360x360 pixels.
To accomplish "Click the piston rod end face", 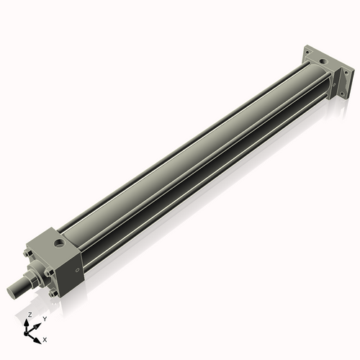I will coord(12,290).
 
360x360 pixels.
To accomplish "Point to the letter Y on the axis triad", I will coord(44,318).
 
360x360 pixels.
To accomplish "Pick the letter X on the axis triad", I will coord(45,338).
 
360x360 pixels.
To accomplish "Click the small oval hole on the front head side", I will coord(77,271).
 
